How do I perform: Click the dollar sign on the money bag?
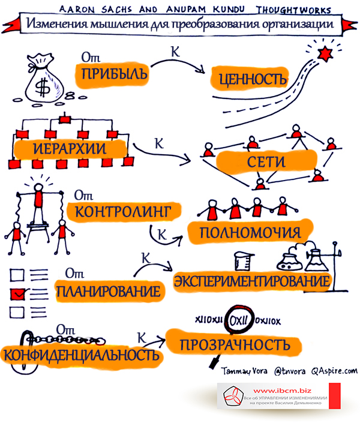coord(43,87)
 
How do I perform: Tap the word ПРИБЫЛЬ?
coord(115,74)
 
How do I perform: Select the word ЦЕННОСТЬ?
coord(253,79)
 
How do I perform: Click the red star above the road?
coord(325,53)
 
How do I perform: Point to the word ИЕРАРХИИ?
coord(70,149)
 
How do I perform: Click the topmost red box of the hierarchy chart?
coord(65,119)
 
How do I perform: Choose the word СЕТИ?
coord(266,162)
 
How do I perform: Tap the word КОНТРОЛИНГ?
coord(123,211)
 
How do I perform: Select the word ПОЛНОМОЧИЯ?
coord(250,233)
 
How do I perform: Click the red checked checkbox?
coord(17,294)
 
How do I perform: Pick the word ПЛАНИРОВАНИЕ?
coord(109,291)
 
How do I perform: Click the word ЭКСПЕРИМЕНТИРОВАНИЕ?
coord(252,281)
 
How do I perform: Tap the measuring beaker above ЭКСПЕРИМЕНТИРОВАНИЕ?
coord(243,261)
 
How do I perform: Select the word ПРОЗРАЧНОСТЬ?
coord(235,345)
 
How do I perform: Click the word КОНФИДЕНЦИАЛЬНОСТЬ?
coord(81,355)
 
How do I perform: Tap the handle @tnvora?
coord(290,371)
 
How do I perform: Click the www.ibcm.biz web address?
coord(282,391)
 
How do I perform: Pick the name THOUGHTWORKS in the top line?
coord(294,10)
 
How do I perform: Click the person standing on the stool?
coord(38,204)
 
